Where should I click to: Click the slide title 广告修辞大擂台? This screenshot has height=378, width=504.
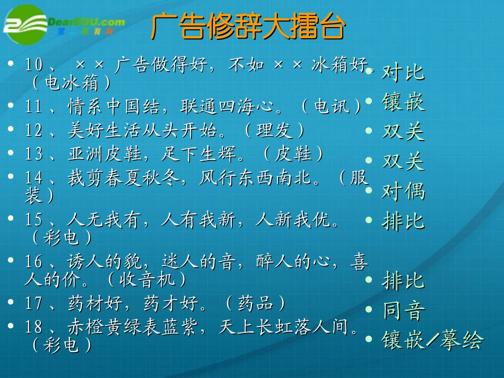tap(248, 27)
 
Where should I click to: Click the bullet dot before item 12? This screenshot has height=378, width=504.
tap(11, 130)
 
